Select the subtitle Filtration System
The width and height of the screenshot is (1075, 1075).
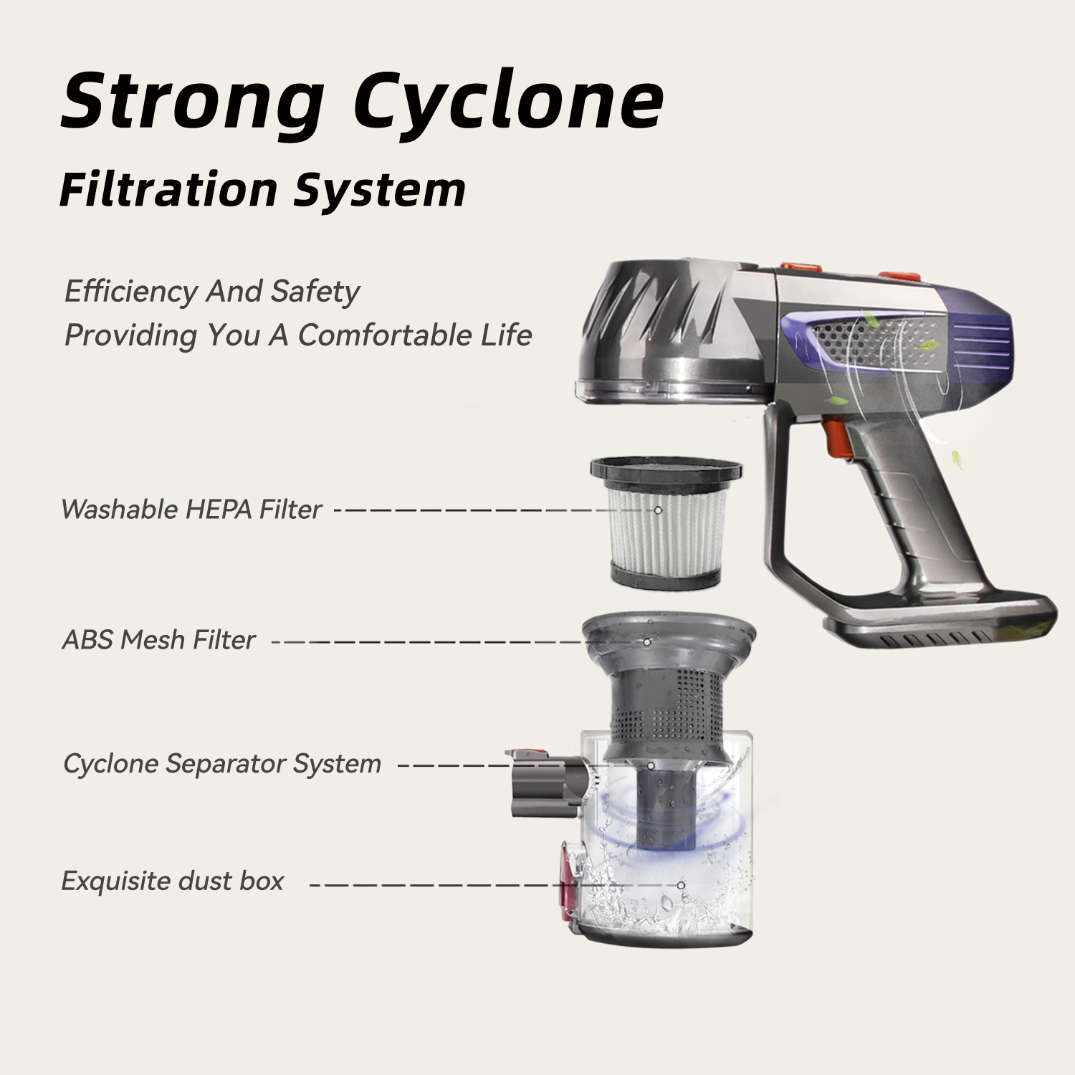point(262,190)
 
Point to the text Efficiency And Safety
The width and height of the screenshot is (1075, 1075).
point(212,292)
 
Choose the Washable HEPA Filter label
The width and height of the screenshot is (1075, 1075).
point(191,510)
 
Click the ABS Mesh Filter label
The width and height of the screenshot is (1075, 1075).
point(158,640)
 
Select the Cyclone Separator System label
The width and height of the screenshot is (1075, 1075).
point(222,764)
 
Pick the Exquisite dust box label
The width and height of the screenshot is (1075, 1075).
point(173,881)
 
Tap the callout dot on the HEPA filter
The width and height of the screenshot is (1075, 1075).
point(658,510)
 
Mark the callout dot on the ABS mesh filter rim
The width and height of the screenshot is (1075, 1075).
point(647,642)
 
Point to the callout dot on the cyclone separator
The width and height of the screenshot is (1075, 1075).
point(651,765)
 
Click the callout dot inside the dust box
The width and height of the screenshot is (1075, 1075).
point(681,886)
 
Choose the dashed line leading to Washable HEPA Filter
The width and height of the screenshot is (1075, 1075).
point(494,510)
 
